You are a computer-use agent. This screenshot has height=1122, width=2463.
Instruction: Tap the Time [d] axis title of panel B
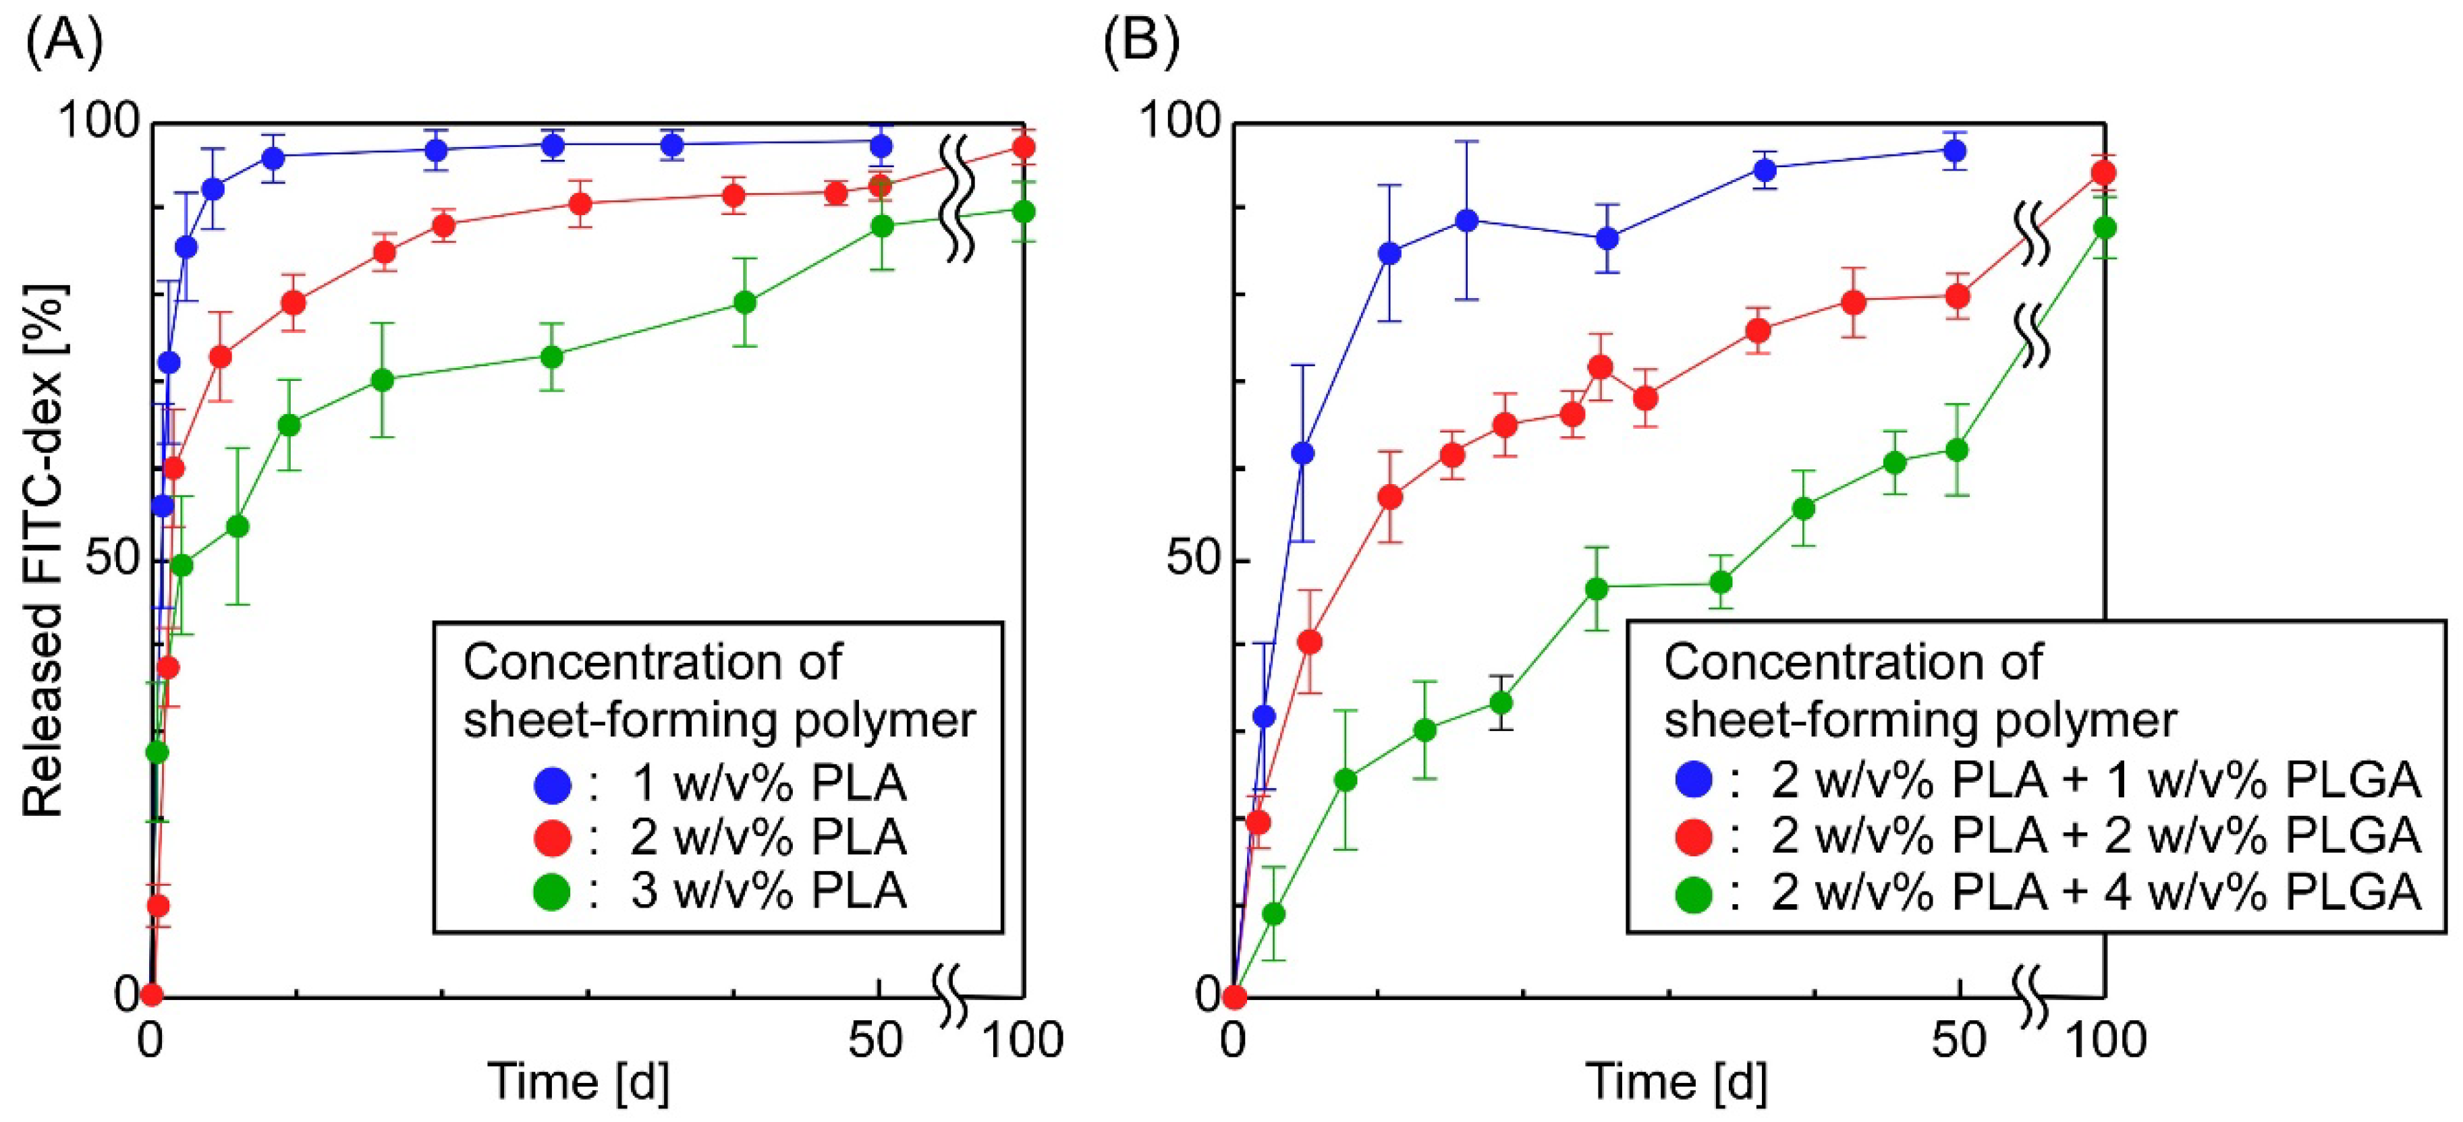point(1676,1081)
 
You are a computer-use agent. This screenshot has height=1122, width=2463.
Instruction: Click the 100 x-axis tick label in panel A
point(1023,1040)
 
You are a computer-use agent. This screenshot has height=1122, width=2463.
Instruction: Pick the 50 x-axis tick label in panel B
point(1958,1040)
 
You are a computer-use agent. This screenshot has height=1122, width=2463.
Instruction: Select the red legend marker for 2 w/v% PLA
point(553,838)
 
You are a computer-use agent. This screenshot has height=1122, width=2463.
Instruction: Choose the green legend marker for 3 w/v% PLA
point(553,891)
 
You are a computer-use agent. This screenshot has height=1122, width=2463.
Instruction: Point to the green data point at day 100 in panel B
point(2103,227)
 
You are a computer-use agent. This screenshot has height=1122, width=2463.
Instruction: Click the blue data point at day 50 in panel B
point(1956,151)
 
